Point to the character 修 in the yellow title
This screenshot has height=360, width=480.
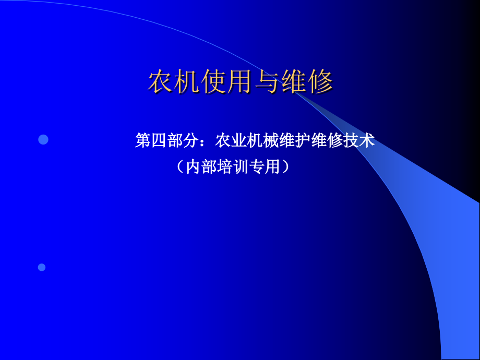(x=320, y=81)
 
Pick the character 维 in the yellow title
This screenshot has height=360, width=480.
(x=294, y=81)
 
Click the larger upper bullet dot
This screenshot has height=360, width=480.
(x=43, y=140)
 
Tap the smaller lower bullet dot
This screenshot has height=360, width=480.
(x=42, y=267)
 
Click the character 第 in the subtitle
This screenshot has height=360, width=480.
(x=143, y=140)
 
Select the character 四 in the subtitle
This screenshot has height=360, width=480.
(x=159, y=140)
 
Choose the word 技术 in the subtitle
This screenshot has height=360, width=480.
(x=359, y=140)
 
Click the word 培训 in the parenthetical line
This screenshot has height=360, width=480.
(x=232, y=167)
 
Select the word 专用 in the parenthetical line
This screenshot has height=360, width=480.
(x=264, y=167)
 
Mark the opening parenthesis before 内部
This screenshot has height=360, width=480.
(x=181, y=167)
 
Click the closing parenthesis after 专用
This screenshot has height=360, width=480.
(x=285, y=167)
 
